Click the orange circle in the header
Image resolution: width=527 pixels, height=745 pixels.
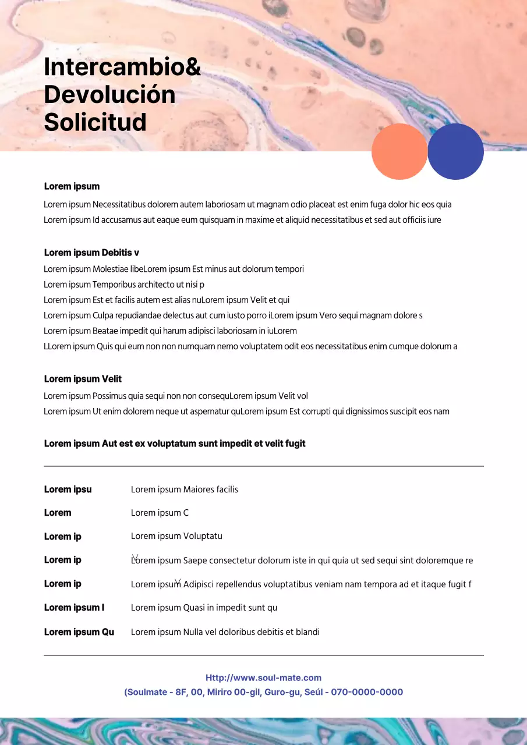pos(399,151)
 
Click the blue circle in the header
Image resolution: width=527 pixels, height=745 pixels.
pos(455,151)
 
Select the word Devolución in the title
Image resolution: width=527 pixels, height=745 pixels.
pos(109,94)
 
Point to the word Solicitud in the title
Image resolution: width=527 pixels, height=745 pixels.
pos(95,122)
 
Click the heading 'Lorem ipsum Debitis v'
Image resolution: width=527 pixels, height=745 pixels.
pos(91,253)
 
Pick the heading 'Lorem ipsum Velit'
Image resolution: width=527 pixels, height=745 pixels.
pos(83,379)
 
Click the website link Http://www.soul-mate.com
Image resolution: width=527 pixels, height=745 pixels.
pos(263,677)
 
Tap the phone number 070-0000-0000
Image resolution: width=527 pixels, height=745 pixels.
pos(367,692)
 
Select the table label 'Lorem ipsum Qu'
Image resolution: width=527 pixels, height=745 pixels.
pos(79,632)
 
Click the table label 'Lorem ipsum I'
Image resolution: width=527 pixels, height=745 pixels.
pos(74,608)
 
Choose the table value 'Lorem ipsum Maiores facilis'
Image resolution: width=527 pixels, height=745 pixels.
pos(184,489)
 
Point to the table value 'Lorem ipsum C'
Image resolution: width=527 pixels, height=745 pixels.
pos(160,513)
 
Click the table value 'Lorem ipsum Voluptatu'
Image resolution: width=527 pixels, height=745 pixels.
pos(176,536)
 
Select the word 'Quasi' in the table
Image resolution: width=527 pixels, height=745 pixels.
pos(194,608)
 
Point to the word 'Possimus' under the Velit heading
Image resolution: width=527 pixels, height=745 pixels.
pos(109,396)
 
